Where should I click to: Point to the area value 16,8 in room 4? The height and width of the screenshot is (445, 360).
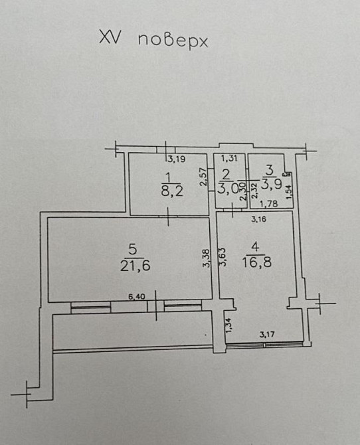[259, 261]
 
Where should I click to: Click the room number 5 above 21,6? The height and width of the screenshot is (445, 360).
[133, 250]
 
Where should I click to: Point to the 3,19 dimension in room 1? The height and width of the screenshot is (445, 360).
[175, 159]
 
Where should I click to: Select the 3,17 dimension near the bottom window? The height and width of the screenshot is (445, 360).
[267, 334]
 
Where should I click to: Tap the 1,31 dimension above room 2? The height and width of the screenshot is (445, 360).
[229, 158]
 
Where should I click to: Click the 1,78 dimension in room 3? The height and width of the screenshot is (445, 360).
[268, 205]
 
